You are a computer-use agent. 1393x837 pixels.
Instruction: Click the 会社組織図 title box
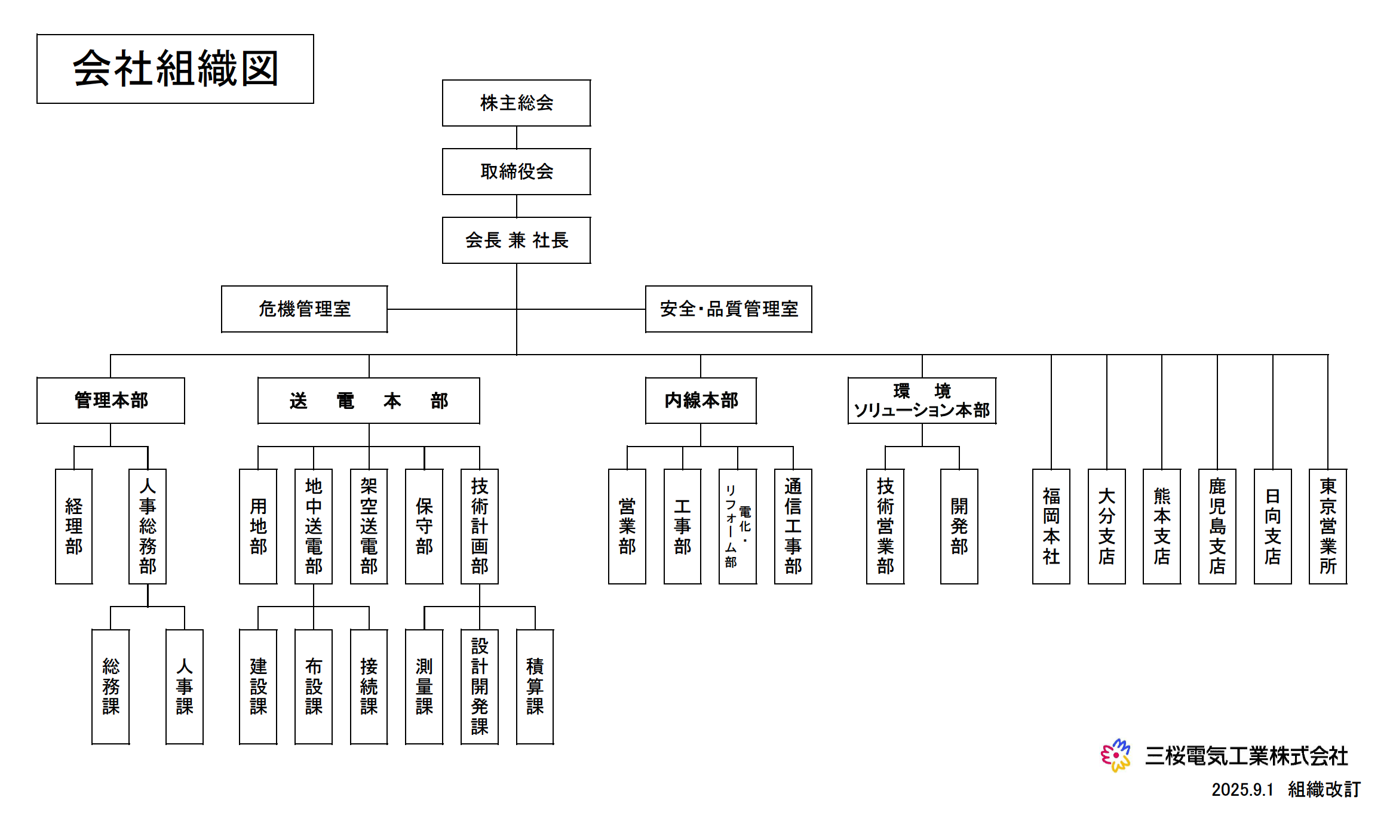(175, 69)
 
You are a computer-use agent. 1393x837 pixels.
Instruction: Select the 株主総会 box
(516, 103)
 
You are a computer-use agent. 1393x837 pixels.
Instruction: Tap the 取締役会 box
(516, 171)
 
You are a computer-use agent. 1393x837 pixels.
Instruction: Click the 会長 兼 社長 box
(516, 240)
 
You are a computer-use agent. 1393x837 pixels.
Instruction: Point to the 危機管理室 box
(304, 309)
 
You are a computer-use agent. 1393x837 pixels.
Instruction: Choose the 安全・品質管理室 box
(728, 309)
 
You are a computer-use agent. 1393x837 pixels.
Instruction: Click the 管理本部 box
(111, 400)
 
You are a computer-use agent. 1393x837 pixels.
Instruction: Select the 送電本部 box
(369, 400)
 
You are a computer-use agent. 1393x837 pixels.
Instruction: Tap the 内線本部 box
(701, 400)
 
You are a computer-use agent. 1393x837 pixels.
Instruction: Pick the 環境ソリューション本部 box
(922, 400)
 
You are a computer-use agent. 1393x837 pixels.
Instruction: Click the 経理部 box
(73, 526)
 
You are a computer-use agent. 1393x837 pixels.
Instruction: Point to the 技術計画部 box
(479, 526)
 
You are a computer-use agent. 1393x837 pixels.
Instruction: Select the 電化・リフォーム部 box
(737, 526)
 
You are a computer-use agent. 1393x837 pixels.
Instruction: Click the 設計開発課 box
(479, 687)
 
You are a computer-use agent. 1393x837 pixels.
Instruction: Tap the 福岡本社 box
(1051, 526)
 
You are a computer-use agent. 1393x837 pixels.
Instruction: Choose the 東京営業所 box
(1327, 526)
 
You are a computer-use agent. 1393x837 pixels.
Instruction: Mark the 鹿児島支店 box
(1217, 526)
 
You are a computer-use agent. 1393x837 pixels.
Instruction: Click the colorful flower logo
(1115, 755)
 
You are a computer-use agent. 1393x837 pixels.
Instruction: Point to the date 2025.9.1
(1242, 790)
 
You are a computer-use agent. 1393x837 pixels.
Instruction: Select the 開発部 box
(959, 526)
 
